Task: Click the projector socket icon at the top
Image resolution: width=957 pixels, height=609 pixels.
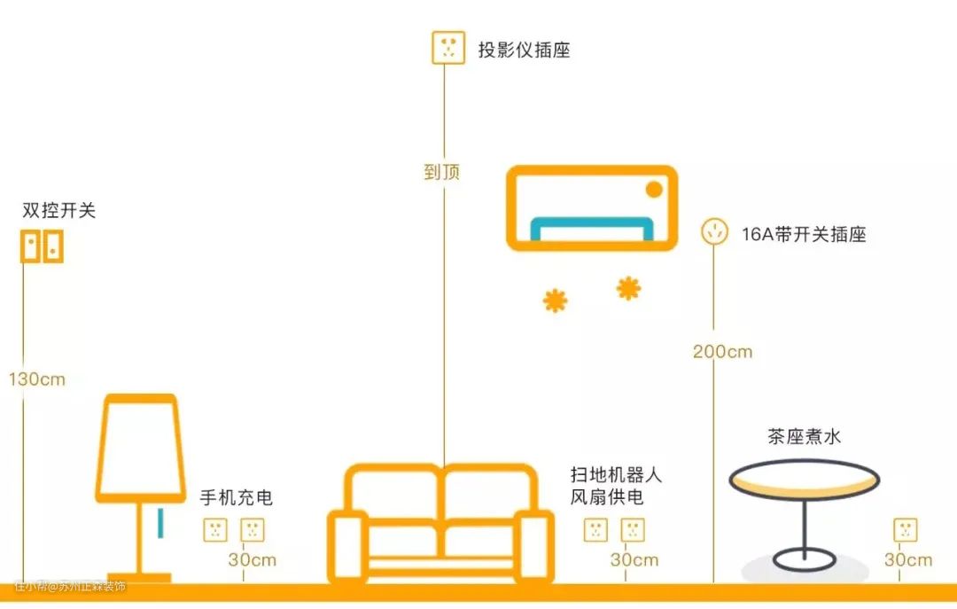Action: tap(448, 47)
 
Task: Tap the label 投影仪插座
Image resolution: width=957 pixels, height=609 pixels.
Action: tap(524, 50)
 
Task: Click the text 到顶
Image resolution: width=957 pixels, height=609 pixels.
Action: tap(442, 171)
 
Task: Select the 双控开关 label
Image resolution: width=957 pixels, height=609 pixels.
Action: tap(58, 211)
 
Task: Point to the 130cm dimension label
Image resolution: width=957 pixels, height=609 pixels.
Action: tap(37, 379)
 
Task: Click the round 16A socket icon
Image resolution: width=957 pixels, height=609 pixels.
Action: tap(714, 232)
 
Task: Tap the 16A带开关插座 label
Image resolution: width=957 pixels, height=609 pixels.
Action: tap(803, 235)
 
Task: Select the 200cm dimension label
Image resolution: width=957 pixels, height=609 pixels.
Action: tap(722, 351)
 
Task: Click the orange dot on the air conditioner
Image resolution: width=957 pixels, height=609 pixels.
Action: tap(654, 189)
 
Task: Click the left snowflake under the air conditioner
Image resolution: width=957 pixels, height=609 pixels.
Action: tap(556, 301)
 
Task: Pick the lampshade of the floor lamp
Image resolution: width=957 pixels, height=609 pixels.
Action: tap(140, 448)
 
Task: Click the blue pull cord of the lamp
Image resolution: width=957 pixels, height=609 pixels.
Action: tap(160, 523)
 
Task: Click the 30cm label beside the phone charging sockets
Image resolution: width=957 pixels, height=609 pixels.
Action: tap(252, 560)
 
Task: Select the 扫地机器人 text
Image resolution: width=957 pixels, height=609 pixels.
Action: tap(616, 474)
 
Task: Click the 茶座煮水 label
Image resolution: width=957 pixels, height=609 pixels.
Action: tap(804, 436)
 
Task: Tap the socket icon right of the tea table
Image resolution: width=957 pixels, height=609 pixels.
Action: tap(905, 530)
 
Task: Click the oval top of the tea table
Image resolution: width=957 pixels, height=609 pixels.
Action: tap(804, 480)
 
